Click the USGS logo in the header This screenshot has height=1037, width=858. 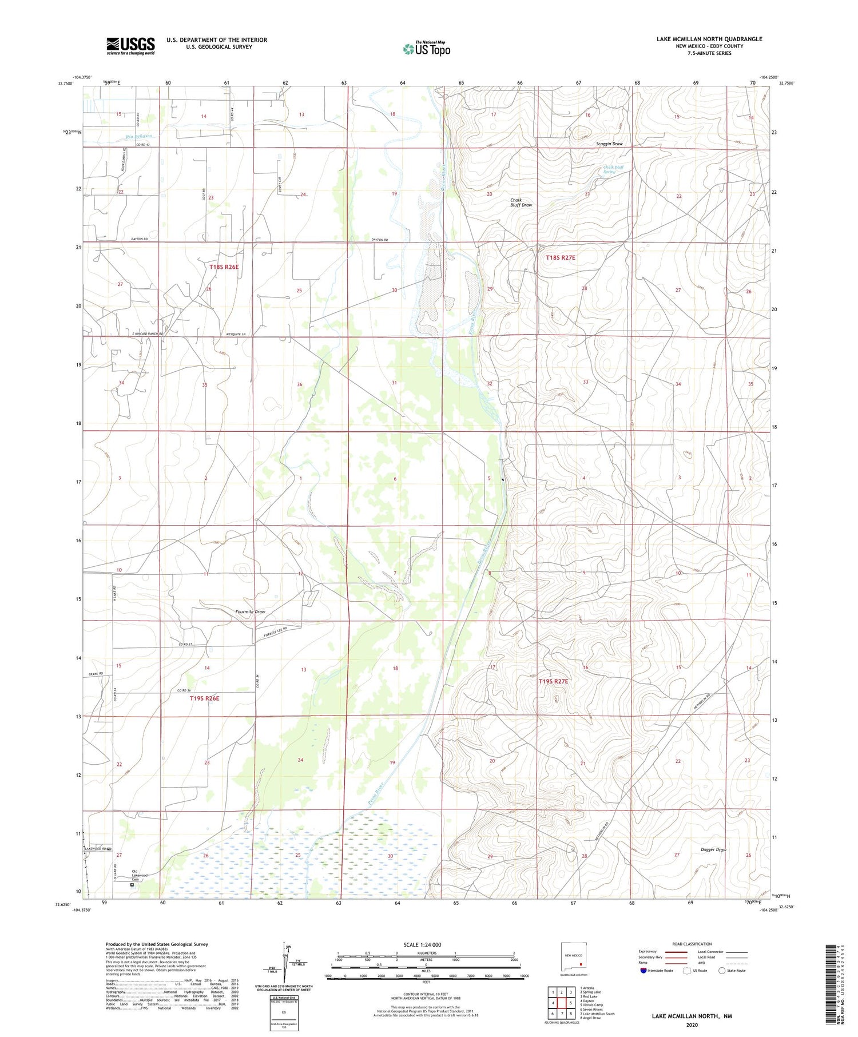click(x=130, y=46)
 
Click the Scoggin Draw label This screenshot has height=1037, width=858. click(x=609, y=144)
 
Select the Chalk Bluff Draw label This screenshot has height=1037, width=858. click(x=521, y=202)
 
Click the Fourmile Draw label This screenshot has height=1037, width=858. click(x=251, y=612)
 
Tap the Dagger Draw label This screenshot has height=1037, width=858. click(x=713, y=850)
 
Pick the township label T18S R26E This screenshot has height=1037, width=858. click(x=224, y=267)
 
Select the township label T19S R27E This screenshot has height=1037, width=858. click(x=553, y=681)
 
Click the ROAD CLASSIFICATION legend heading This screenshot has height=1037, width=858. click(x=692, y=944)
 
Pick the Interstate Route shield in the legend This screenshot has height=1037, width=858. click(x=643, y=971)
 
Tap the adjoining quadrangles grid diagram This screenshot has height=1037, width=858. click(x=562, y=1002)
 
